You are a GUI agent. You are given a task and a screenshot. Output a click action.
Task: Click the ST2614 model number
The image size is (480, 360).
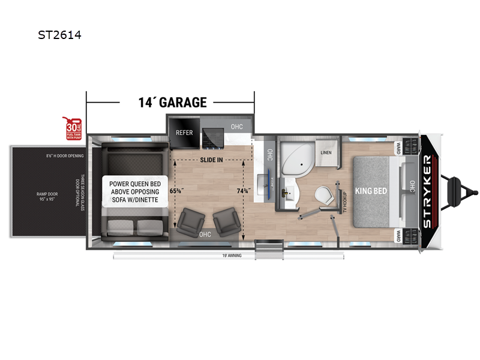point(59,35)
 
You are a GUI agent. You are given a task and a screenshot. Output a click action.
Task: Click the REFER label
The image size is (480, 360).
point(184,132)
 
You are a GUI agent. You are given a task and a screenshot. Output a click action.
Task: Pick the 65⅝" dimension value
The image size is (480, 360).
point(176,190)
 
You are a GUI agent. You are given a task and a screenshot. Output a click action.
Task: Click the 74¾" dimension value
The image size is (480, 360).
point(243,190)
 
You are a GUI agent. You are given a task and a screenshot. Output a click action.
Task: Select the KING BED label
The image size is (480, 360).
point(371,190)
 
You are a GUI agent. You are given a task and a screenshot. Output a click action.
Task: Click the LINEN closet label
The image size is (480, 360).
point(326,152)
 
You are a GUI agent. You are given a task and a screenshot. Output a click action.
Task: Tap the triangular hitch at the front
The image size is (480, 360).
point(462,190)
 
